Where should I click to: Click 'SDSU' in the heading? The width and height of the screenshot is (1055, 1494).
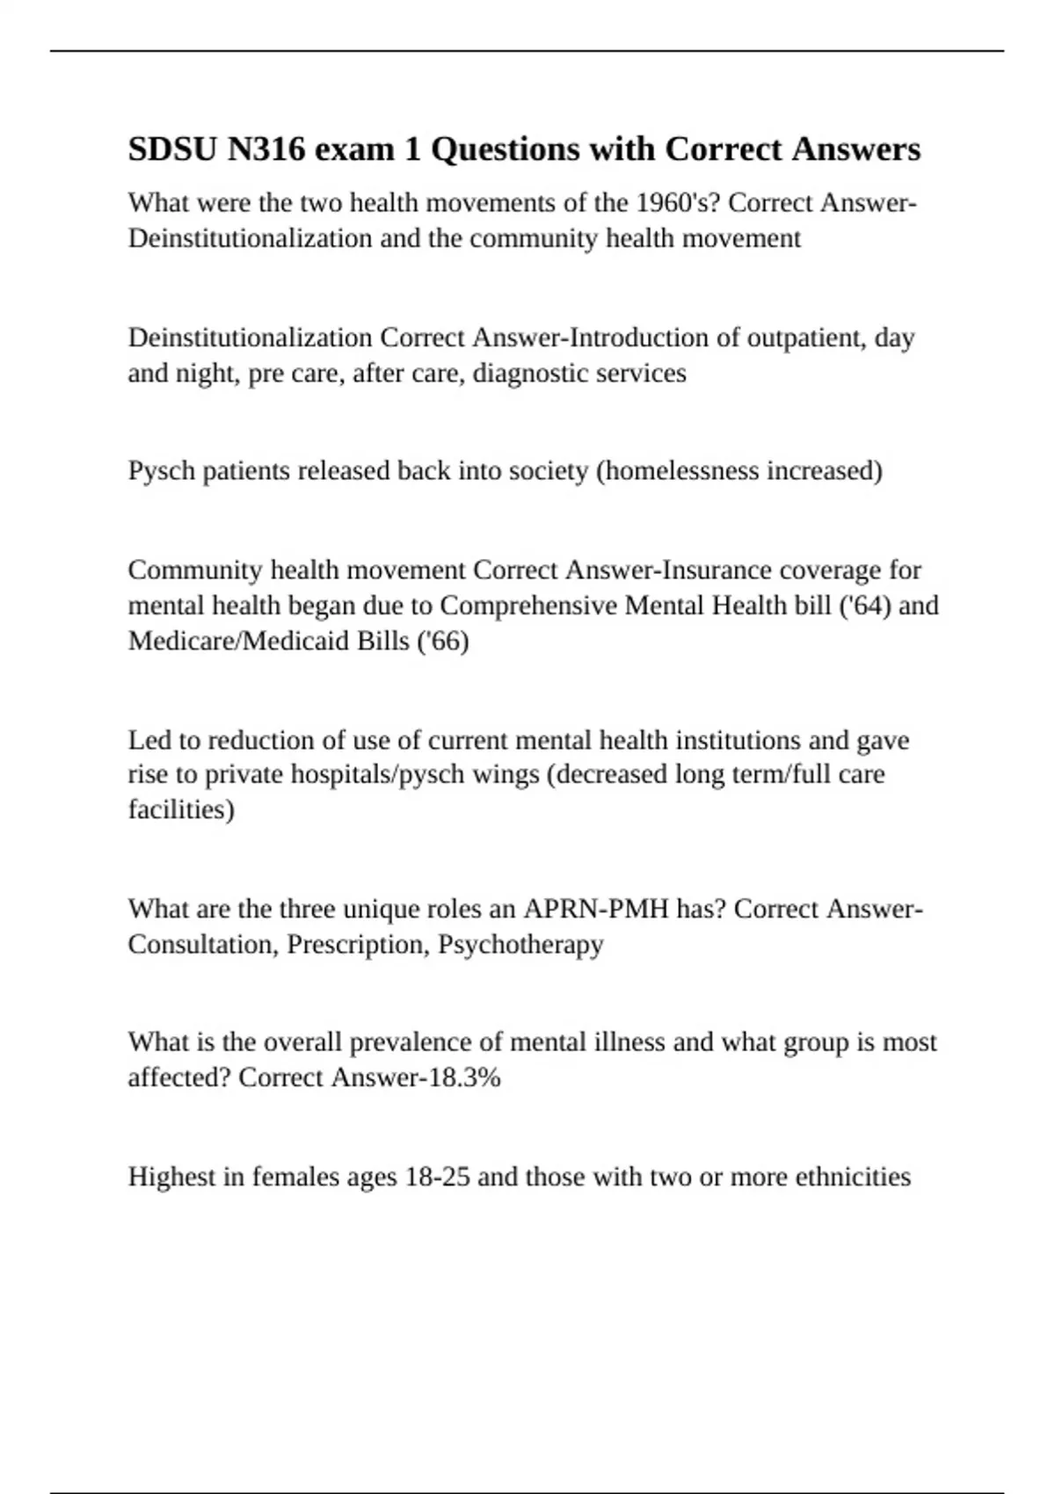(x=172, y=149)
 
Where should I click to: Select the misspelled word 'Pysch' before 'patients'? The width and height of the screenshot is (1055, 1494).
(x=162, y=471)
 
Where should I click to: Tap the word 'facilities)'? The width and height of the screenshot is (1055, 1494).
(x=181, y=809)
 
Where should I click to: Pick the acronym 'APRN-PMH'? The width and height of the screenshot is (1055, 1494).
(x=597, y=909)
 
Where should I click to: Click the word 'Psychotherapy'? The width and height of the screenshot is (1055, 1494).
(x=520, y=944)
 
